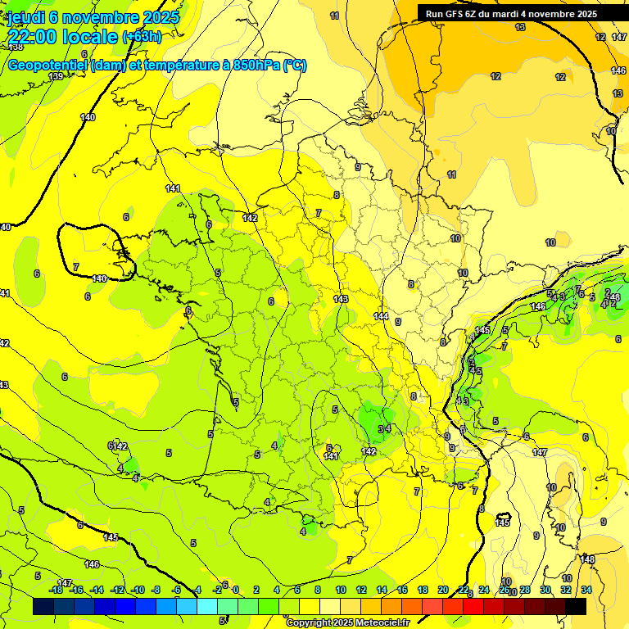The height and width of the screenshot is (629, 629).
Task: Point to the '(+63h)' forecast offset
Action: [x=142, y=37]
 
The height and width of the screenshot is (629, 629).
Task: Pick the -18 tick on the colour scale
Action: [x=56, y=590]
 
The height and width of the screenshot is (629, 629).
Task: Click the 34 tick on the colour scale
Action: [x=586, y=590]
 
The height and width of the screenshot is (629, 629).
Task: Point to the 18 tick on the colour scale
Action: [x=423, y=590]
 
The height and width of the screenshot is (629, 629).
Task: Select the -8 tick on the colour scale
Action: [x=156, y=590]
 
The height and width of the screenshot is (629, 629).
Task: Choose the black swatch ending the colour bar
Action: [x=576, y=607]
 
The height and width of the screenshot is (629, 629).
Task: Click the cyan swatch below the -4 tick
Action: [x=207, y=607]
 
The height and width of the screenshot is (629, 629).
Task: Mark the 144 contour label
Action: [x=381, y=316]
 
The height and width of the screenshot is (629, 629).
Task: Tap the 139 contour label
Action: [x=56, y=76]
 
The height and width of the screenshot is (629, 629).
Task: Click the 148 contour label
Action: [x=587, y=559]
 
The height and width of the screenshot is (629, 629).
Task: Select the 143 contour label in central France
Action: [x=342, y=299]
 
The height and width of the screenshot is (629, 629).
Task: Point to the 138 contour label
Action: [x=16, y=47]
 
